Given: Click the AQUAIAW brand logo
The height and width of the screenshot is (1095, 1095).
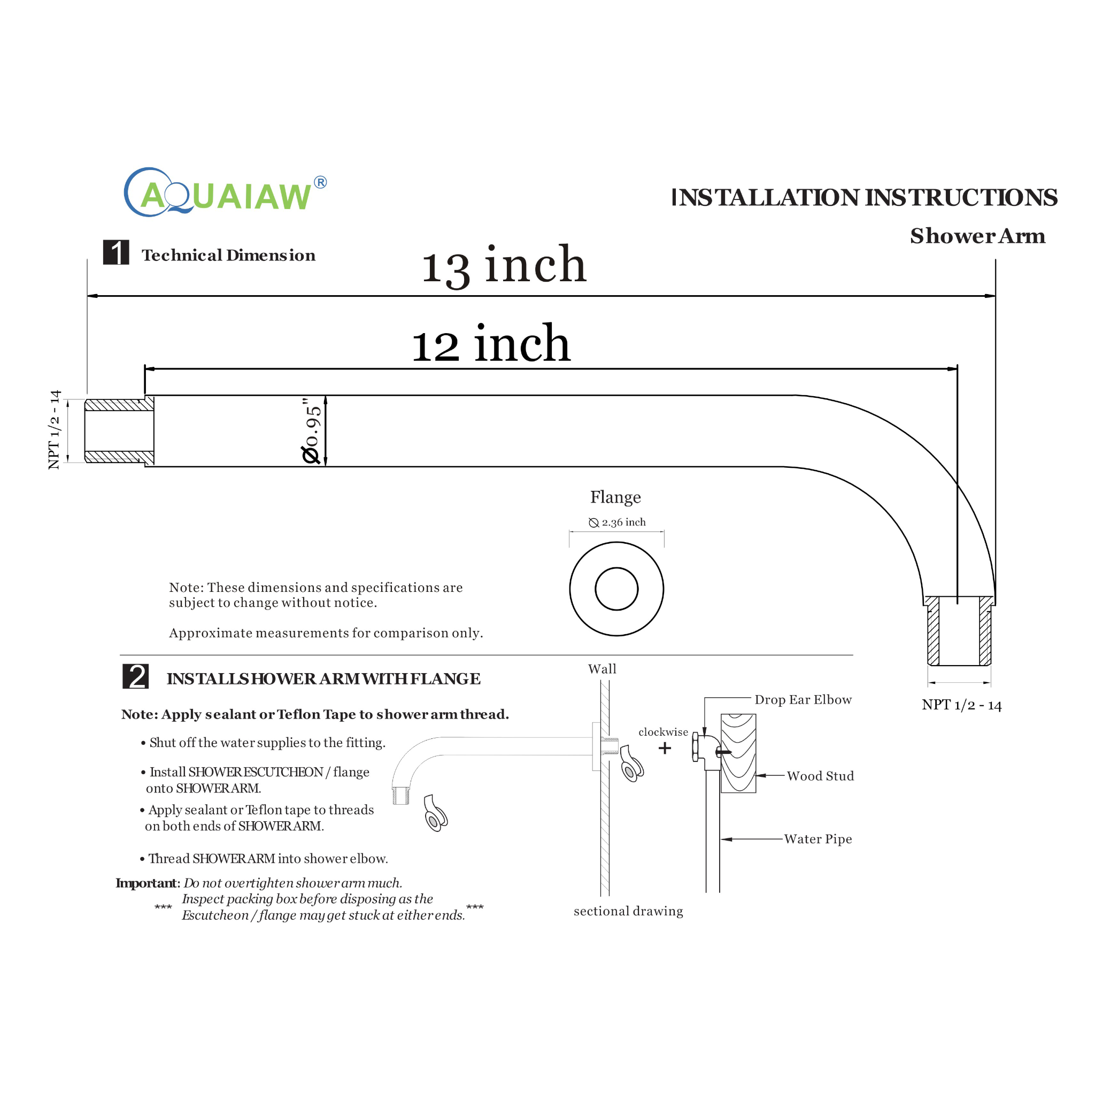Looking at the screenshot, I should (225, 192).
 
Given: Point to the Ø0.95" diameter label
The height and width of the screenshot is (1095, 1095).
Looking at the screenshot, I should (312, 431).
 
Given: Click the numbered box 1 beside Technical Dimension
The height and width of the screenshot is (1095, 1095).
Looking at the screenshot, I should (116, 253).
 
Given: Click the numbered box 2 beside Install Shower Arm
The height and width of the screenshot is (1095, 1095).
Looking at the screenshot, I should (136, 677).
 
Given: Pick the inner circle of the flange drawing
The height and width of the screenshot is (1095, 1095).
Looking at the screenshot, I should (616, 589).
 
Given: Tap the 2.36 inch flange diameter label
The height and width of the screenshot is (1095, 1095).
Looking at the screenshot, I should (618, 522).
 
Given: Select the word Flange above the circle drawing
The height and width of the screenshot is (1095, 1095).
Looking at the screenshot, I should (615, 497).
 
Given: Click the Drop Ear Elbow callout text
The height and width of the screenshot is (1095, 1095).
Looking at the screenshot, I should (803, 700).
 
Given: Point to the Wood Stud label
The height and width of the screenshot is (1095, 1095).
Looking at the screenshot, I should (820, 776).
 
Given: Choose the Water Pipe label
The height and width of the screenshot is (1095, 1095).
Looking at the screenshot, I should (818, 839).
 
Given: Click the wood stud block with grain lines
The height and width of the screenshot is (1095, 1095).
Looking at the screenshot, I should (738, 754).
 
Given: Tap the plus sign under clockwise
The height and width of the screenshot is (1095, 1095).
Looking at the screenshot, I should (665, 748).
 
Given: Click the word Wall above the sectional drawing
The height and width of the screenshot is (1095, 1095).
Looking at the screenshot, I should (602, 669).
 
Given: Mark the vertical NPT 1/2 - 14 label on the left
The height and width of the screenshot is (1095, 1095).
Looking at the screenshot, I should (55, 430).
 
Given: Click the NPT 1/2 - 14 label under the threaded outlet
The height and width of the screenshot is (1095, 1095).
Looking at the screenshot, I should (962, 706).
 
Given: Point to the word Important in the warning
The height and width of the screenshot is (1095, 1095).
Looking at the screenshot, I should (147, 883).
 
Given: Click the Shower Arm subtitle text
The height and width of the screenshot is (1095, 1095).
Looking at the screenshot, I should (978, 236).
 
